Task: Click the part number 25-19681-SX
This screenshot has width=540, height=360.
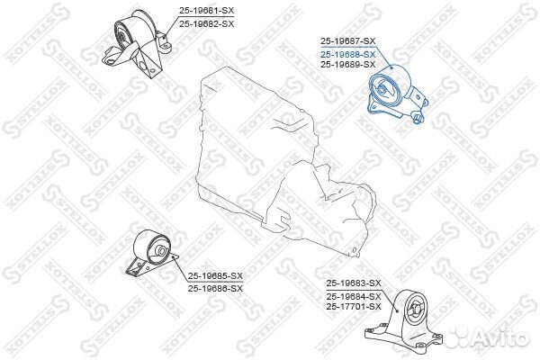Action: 206,11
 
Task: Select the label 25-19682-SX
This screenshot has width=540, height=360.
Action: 206,23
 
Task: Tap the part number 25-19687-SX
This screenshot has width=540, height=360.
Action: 348,41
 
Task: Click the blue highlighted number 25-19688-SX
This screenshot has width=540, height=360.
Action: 348,54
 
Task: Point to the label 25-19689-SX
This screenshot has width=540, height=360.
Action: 348,65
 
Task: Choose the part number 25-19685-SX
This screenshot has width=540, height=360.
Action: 216,276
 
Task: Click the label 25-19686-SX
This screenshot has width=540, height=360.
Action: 216,288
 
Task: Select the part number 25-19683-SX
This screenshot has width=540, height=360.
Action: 354,283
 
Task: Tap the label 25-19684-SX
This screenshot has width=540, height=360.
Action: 354,296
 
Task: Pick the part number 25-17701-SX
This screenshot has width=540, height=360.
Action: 354,306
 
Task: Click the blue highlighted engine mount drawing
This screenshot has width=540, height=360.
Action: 397,94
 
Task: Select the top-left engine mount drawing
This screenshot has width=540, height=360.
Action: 137,44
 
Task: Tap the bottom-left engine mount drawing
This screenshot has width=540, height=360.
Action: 151,253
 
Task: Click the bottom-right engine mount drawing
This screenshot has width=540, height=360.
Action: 404,323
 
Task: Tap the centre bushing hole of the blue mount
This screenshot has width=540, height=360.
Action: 382,90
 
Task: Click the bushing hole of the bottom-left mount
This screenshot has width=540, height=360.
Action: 161,250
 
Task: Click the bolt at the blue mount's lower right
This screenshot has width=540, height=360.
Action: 418,119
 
